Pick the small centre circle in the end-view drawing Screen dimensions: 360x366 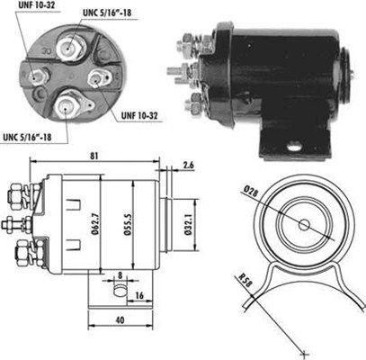click(x=302, y=224)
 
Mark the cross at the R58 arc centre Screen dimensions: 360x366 click(x=306, y=350)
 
